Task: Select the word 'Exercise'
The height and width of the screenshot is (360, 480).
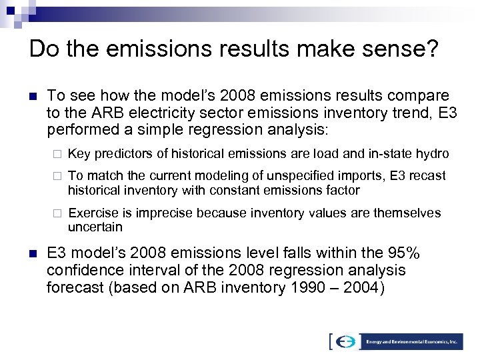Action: [89, 213]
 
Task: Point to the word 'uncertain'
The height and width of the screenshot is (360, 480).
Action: [95, 227]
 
